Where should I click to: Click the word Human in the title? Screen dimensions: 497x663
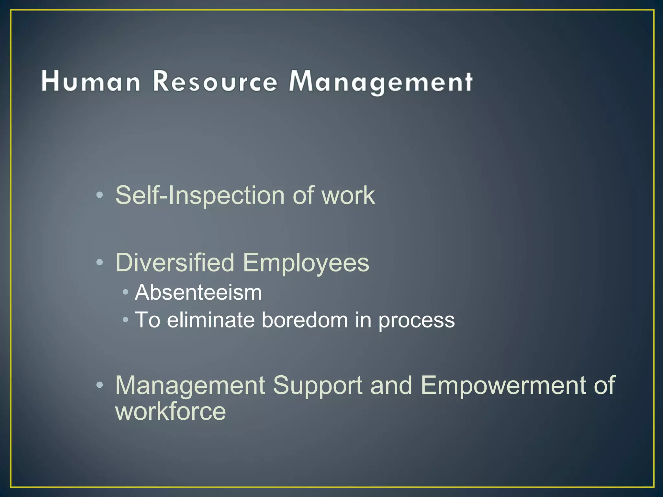click(x=91, y=81)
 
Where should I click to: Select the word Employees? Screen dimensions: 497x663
click(x=306, y=262)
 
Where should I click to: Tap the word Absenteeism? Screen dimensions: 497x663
click(x=198, y=293)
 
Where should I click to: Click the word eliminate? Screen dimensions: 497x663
click(x=211, y=320)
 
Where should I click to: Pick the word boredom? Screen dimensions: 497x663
click(x=305, y=320)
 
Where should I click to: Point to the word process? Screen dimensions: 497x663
click(x=417, y=320)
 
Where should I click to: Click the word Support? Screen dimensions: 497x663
click(x=317, y=385)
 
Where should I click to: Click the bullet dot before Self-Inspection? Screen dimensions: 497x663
click(x=100, y=195)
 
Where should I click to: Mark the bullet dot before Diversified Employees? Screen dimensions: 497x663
click(x=100, y=262)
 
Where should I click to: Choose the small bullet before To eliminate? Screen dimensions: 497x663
click(x=126, y=320)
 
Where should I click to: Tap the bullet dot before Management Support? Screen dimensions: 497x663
click(x=100, y=385)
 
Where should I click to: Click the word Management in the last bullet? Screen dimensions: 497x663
click(x=190, y=385)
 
